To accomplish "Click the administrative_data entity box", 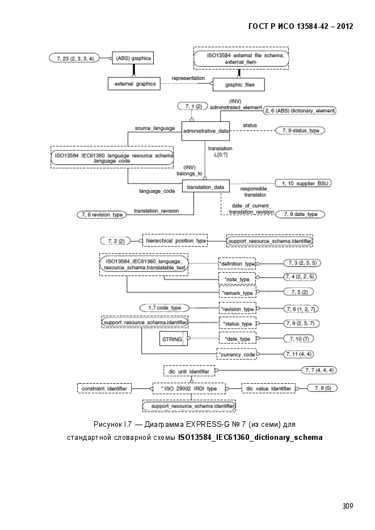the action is (x=205, y=131).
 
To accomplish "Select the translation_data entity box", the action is (x=205, y=187).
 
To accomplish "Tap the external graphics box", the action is (x=134, y=84).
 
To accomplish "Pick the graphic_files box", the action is (x=239, y=84).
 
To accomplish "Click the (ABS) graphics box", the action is (x=133, y=58).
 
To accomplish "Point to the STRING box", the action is (x=173, y=338).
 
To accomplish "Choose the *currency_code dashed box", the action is (x=237, y=354).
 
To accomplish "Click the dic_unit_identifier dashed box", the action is (x=189, y=371).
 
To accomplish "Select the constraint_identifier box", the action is (x=104, y=389).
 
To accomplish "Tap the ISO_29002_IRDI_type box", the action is (x=189, y=388).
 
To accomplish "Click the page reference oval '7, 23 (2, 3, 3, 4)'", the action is (x=75, y=58).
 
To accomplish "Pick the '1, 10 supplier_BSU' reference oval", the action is (x=304, y=184).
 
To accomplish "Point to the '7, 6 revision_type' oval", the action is (x=102, y=215).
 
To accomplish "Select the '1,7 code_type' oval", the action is (x=165, y=308).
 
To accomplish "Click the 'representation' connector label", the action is (x=188, y=78).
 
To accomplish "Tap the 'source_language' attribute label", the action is (x=155, y=128).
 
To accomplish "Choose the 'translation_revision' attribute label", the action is (x=156, y=211).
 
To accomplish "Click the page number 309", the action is (x=348, y=506).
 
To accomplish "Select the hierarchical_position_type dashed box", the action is (x=175, y=241).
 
